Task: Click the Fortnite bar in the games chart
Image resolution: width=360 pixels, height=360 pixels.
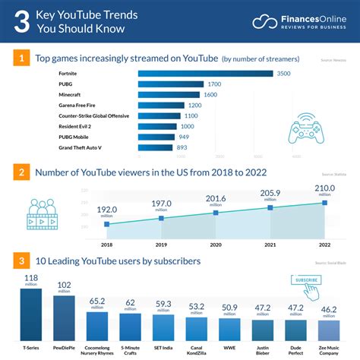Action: point(205,73)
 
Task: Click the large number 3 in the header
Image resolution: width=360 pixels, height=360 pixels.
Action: point(23,21)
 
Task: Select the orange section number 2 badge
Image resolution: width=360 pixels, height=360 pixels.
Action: point(23,172)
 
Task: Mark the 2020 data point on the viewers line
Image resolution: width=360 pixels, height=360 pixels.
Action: point(216,213)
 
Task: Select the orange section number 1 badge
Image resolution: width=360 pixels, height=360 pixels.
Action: point(23,57)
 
